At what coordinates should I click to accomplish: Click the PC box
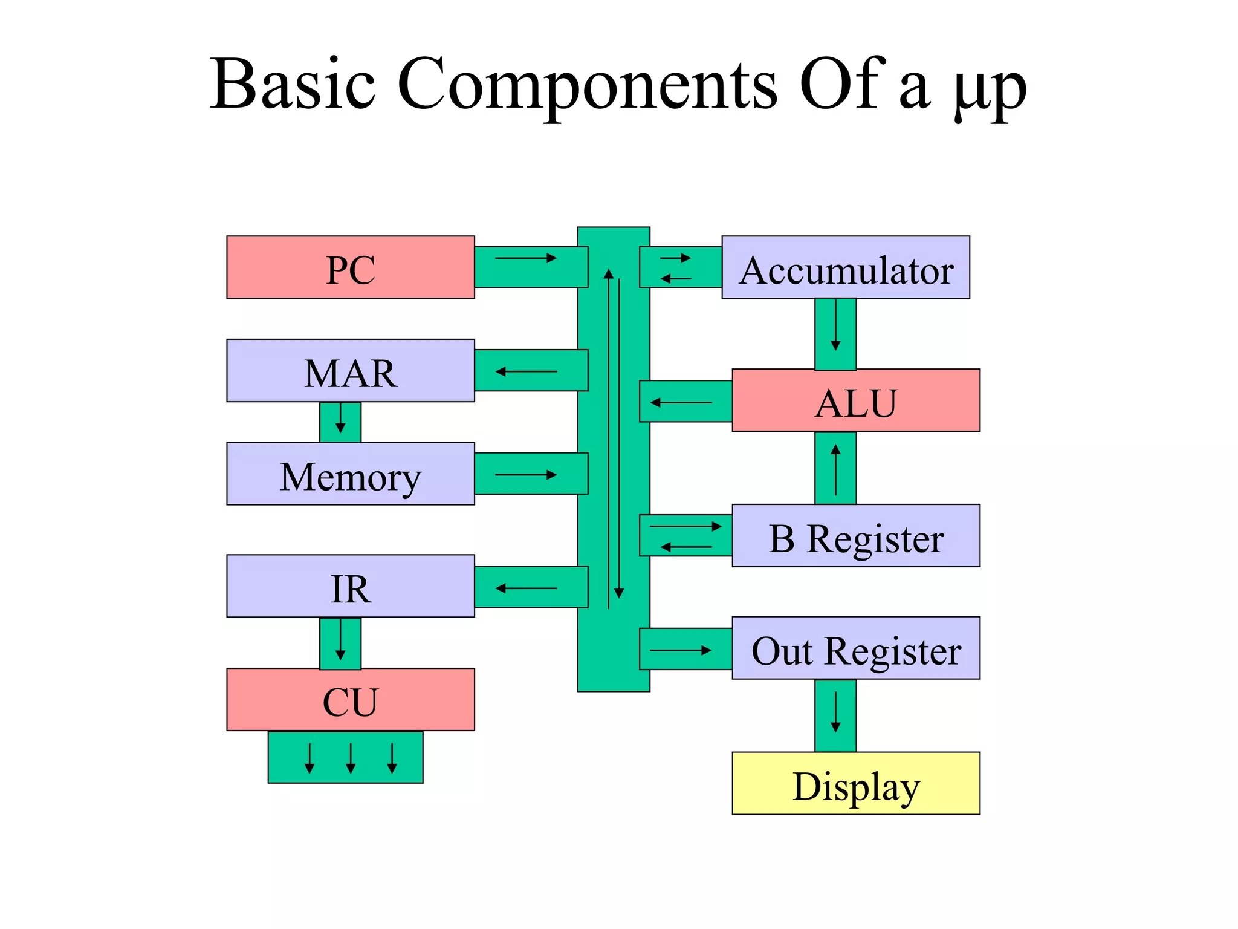pos(351,267)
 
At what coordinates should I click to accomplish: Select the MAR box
pos(351,371)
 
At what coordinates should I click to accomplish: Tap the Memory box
pos(351,474)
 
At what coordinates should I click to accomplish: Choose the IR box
pos(351,586)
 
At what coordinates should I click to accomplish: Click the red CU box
pos(351,700)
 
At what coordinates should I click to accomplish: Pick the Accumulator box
pos(846,267)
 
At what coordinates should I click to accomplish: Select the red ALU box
pos(856,400)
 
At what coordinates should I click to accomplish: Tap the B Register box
pos(856,536)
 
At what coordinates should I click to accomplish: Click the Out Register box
pos(856,648)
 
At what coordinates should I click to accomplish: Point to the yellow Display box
pos(856,784)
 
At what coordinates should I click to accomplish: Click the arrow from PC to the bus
pos(525,258)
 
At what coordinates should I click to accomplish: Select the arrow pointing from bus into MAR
pos(525,371)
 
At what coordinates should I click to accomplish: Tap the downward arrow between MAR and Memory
pos(340,419)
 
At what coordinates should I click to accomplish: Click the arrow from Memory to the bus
pos(525,475)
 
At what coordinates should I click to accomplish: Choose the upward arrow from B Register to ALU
pos(835,469)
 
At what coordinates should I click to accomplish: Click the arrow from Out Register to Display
pos(835,712)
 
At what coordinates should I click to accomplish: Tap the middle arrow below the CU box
pos(351,758)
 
